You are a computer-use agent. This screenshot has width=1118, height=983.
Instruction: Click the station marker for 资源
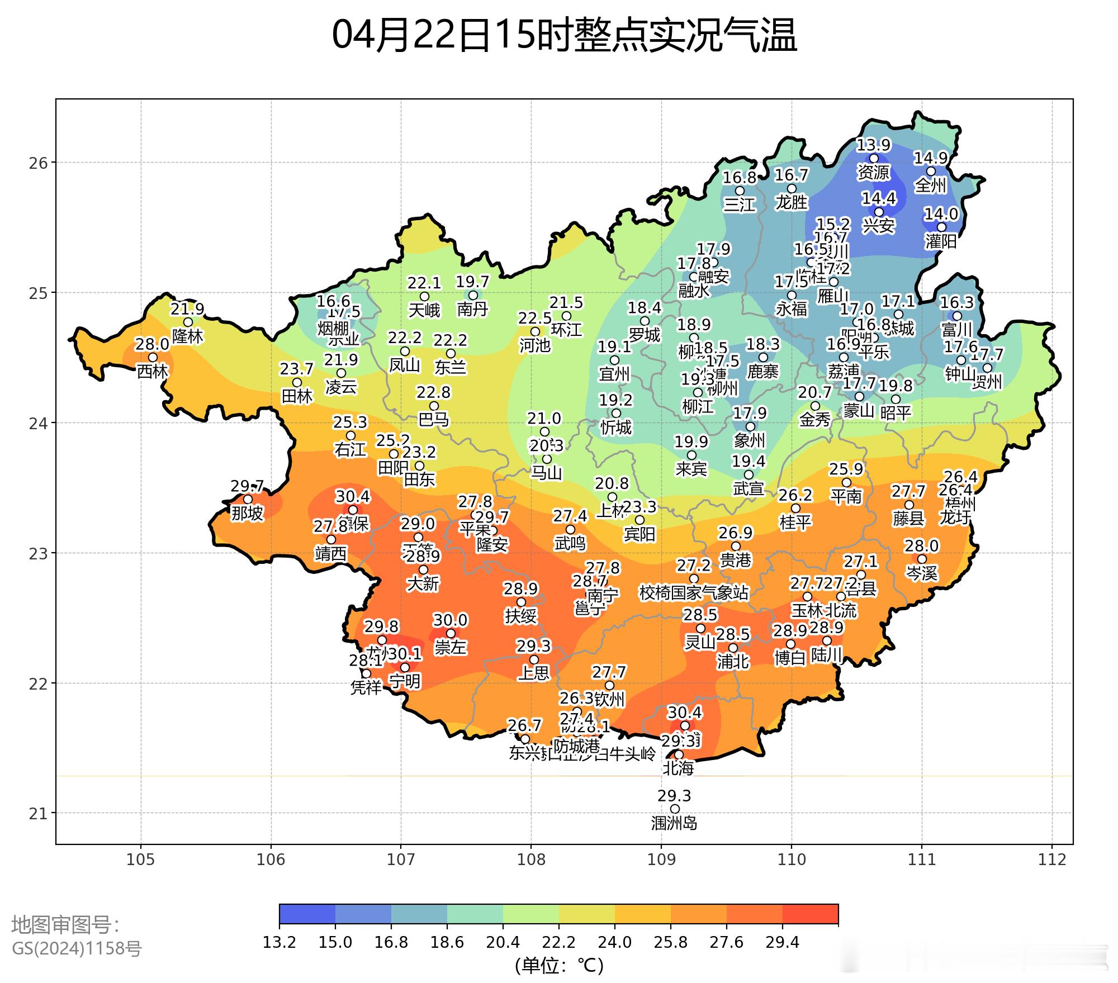point(874,159)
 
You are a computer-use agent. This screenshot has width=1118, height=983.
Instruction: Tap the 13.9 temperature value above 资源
point(874,145)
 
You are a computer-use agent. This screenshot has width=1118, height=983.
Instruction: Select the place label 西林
point(152,371)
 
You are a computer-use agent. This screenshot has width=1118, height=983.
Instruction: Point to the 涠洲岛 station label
point(674,823)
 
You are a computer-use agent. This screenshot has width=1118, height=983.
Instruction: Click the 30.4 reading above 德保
point(352,496)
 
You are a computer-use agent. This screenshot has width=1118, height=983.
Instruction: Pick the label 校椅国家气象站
point(693,592)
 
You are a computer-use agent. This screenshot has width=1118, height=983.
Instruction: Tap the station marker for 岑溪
point(922,559)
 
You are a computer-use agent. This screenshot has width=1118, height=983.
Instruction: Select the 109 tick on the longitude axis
point(661,859)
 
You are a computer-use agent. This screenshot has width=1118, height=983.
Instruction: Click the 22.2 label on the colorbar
point(559,943)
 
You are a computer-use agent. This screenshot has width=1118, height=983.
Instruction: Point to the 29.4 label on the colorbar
point(783,943)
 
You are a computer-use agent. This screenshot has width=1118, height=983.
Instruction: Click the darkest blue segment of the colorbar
point(307,914)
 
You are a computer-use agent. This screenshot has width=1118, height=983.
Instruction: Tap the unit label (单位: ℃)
point(559,965)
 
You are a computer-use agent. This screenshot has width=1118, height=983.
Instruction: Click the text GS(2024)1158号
point(77,948)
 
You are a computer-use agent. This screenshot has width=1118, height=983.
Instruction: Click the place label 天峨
point(424,310)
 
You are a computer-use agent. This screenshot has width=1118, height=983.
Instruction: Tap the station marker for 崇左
point(451,633)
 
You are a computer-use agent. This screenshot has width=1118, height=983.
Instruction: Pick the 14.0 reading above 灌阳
point(941,214)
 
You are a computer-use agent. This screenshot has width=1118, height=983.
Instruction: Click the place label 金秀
point(815,420)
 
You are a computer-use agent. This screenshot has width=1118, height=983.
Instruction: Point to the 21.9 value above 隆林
point(187,309)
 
